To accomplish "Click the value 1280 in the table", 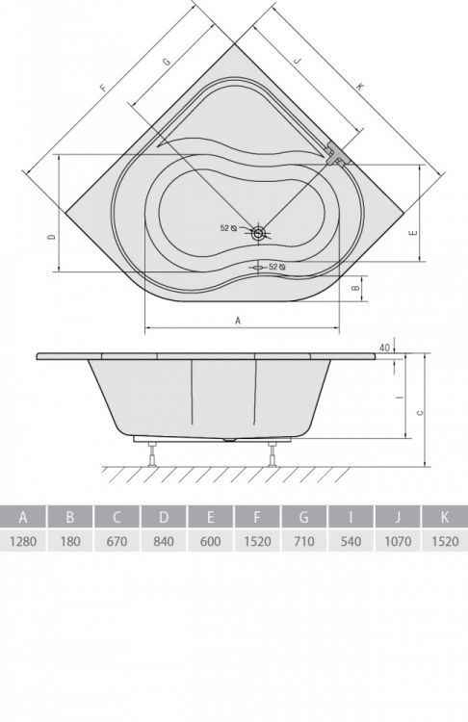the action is point(23,541).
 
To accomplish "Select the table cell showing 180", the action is point(70,541).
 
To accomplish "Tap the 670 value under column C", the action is point(117,541).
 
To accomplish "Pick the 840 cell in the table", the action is point(164,541).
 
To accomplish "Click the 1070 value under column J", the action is point(398,541).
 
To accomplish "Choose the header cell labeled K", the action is point(445,517).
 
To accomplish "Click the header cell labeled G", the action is point(304,517).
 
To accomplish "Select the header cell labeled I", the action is point(351,517).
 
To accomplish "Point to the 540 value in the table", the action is point(351,541).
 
